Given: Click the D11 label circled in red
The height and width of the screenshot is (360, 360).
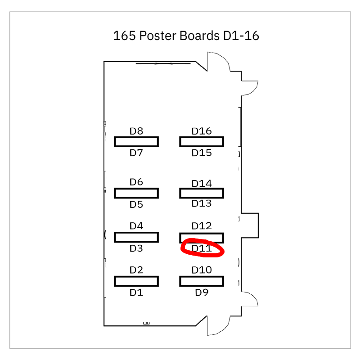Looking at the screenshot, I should (x=202, y=248).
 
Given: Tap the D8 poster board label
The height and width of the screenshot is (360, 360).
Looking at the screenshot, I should (x=136, y=131).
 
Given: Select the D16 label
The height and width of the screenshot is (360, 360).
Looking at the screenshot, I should (x=202, y=131).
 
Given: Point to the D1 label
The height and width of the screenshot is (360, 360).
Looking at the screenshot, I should (x=136, y=292).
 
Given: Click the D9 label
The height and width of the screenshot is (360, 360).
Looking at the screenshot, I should (x=202, y=292).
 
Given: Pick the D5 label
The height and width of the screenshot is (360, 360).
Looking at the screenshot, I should (x=136, y=204).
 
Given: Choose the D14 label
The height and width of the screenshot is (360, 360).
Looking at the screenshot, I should (x=202, y=183).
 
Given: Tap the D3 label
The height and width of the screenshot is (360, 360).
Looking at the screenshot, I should (x=136, y=248).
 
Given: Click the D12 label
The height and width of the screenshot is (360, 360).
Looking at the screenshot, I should (x=202, y=225).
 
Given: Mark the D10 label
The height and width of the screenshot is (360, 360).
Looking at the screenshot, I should (x=202, y=270).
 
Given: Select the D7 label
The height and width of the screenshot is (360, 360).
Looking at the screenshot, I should (x=136, y=153).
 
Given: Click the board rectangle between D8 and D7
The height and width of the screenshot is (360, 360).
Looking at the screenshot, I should (x=136, y=142).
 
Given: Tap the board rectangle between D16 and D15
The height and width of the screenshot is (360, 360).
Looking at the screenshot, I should (x=202, y=142).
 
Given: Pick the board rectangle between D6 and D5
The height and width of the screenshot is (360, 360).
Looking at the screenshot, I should (x=136, y=193).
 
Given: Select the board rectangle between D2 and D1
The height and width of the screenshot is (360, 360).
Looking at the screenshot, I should (x=136, y=281).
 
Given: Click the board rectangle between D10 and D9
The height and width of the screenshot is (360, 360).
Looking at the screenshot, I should (x=202, y=281).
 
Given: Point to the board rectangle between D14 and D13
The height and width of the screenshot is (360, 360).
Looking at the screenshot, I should (x=202, y=193).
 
